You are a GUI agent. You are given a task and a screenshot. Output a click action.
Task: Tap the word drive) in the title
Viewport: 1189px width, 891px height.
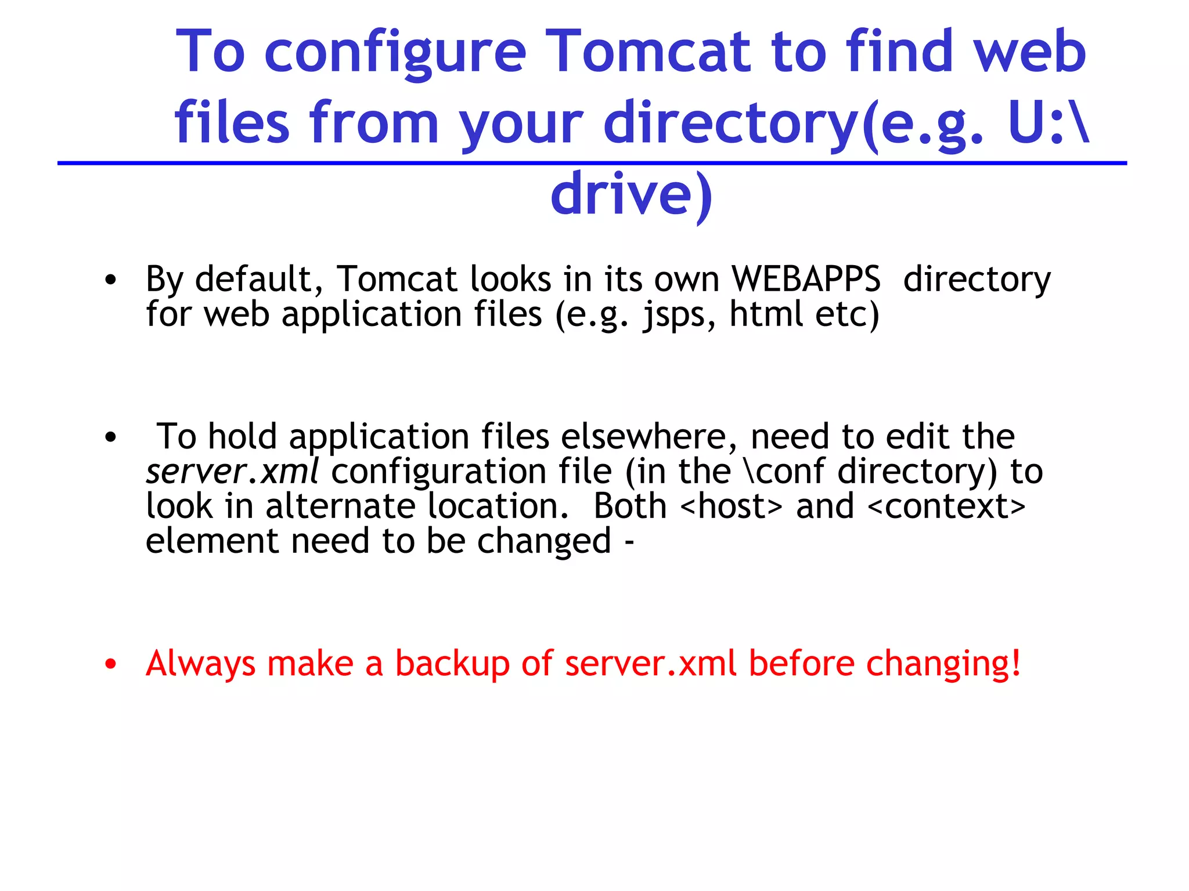pyautogui.click(x=631, y=194)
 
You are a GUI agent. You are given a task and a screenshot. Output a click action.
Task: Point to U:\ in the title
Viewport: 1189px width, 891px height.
pyautogui.click(x=1049, y=124)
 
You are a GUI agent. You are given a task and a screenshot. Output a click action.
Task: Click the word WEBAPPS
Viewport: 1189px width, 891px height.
pyautogui.click(x=806, y=279)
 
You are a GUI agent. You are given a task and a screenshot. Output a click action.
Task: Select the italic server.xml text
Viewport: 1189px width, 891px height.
pyautogui.click(x=232, y=471)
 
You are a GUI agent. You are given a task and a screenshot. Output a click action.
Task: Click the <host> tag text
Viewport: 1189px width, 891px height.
pyautogui.click(x=731, y=506)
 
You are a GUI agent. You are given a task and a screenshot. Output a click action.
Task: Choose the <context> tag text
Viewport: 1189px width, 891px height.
pyautogui.click(x=946, y=506)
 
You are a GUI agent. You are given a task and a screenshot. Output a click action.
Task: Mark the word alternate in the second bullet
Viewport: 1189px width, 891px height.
pyautogui.click(x=340, y=506)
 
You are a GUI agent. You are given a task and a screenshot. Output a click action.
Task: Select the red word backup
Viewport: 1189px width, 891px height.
pyautogui.click(x=452, y=663)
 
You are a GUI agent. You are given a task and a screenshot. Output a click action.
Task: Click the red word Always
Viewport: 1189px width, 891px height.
pyautogui.click(x=200, y=664)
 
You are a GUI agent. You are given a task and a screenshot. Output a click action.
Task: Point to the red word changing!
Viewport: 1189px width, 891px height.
pyautogui.click(x=943, y=664)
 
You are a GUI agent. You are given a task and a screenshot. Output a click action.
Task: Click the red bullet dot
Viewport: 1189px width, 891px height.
pyautogui.click(x=111, y=664)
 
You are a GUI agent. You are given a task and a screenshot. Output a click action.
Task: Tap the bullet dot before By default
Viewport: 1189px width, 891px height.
pyautogui.click(x=111, y=281)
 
